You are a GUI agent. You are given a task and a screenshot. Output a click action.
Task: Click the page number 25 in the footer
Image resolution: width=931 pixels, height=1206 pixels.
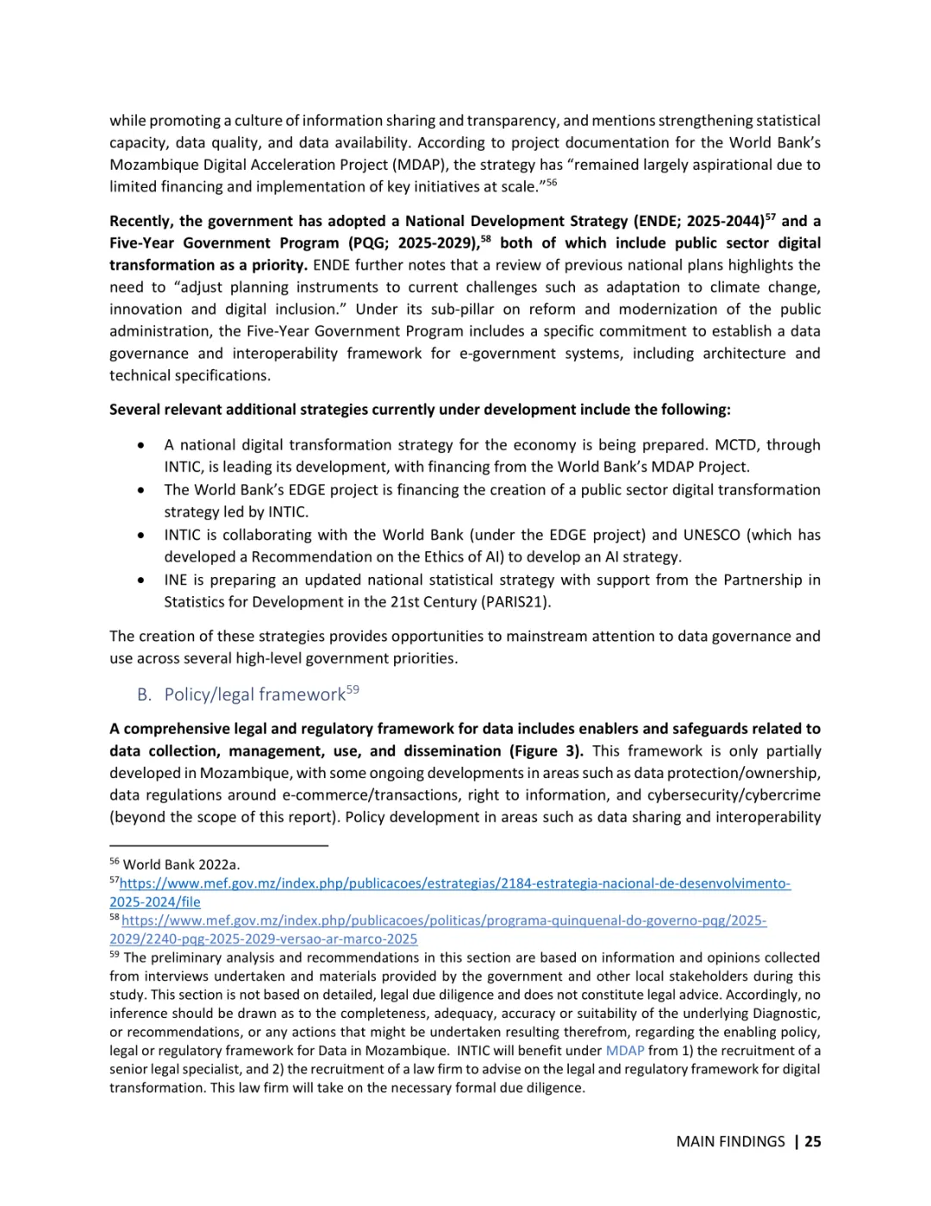(x=812, y=1141)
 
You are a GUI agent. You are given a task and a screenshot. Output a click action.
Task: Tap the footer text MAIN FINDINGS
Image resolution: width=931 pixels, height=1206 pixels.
(x=730, y=1141)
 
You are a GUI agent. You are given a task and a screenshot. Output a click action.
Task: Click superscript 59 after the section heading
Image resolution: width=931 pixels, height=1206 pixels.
(x=353, y=689)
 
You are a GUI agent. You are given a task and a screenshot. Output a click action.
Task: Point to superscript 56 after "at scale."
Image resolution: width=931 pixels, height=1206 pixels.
(x=552, y=182)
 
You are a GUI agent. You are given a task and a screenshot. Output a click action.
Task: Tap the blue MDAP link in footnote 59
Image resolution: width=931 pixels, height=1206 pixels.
(x=625, y=1051)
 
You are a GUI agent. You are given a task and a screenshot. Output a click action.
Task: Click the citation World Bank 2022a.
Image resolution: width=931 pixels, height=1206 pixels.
(x=181, y=864)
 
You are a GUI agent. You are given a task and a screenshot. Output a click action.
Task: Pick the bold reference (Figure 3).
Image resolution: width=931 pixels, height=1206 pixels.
(x=547, y=751)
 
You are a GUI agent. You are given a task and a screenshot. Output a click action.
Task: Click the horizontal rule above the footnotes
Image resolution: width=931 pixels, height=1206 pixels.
(x=219, y=846)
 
